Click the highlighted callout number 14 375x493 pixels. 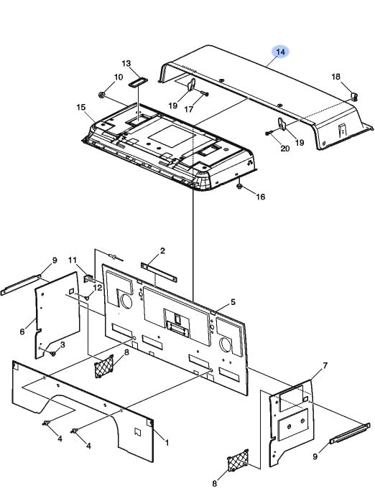280,52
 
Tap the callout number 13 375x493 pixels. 126,64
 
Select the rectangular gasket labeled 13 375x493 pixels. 136,83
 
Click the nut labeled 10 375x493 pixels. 102,94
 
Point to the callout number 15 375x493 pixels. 81,107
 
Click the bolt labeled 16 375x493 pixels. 239,187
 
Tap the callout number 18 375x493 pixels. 336,77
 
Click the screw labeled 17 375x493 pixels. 204,93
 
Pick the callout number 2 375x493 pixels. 162,250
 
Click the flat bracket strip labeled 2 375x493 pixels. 159,272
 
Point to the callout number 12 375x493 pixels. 98,288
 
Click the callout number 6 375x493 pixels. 22,332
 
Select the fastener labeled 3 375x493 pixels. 53,354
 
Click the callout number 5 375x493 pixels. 233,302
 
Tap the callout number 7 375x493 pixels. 325,366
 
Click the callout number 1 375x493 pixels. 167,443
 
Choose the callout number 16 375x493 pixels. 260,197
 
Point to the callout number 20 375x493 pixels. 285,148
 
